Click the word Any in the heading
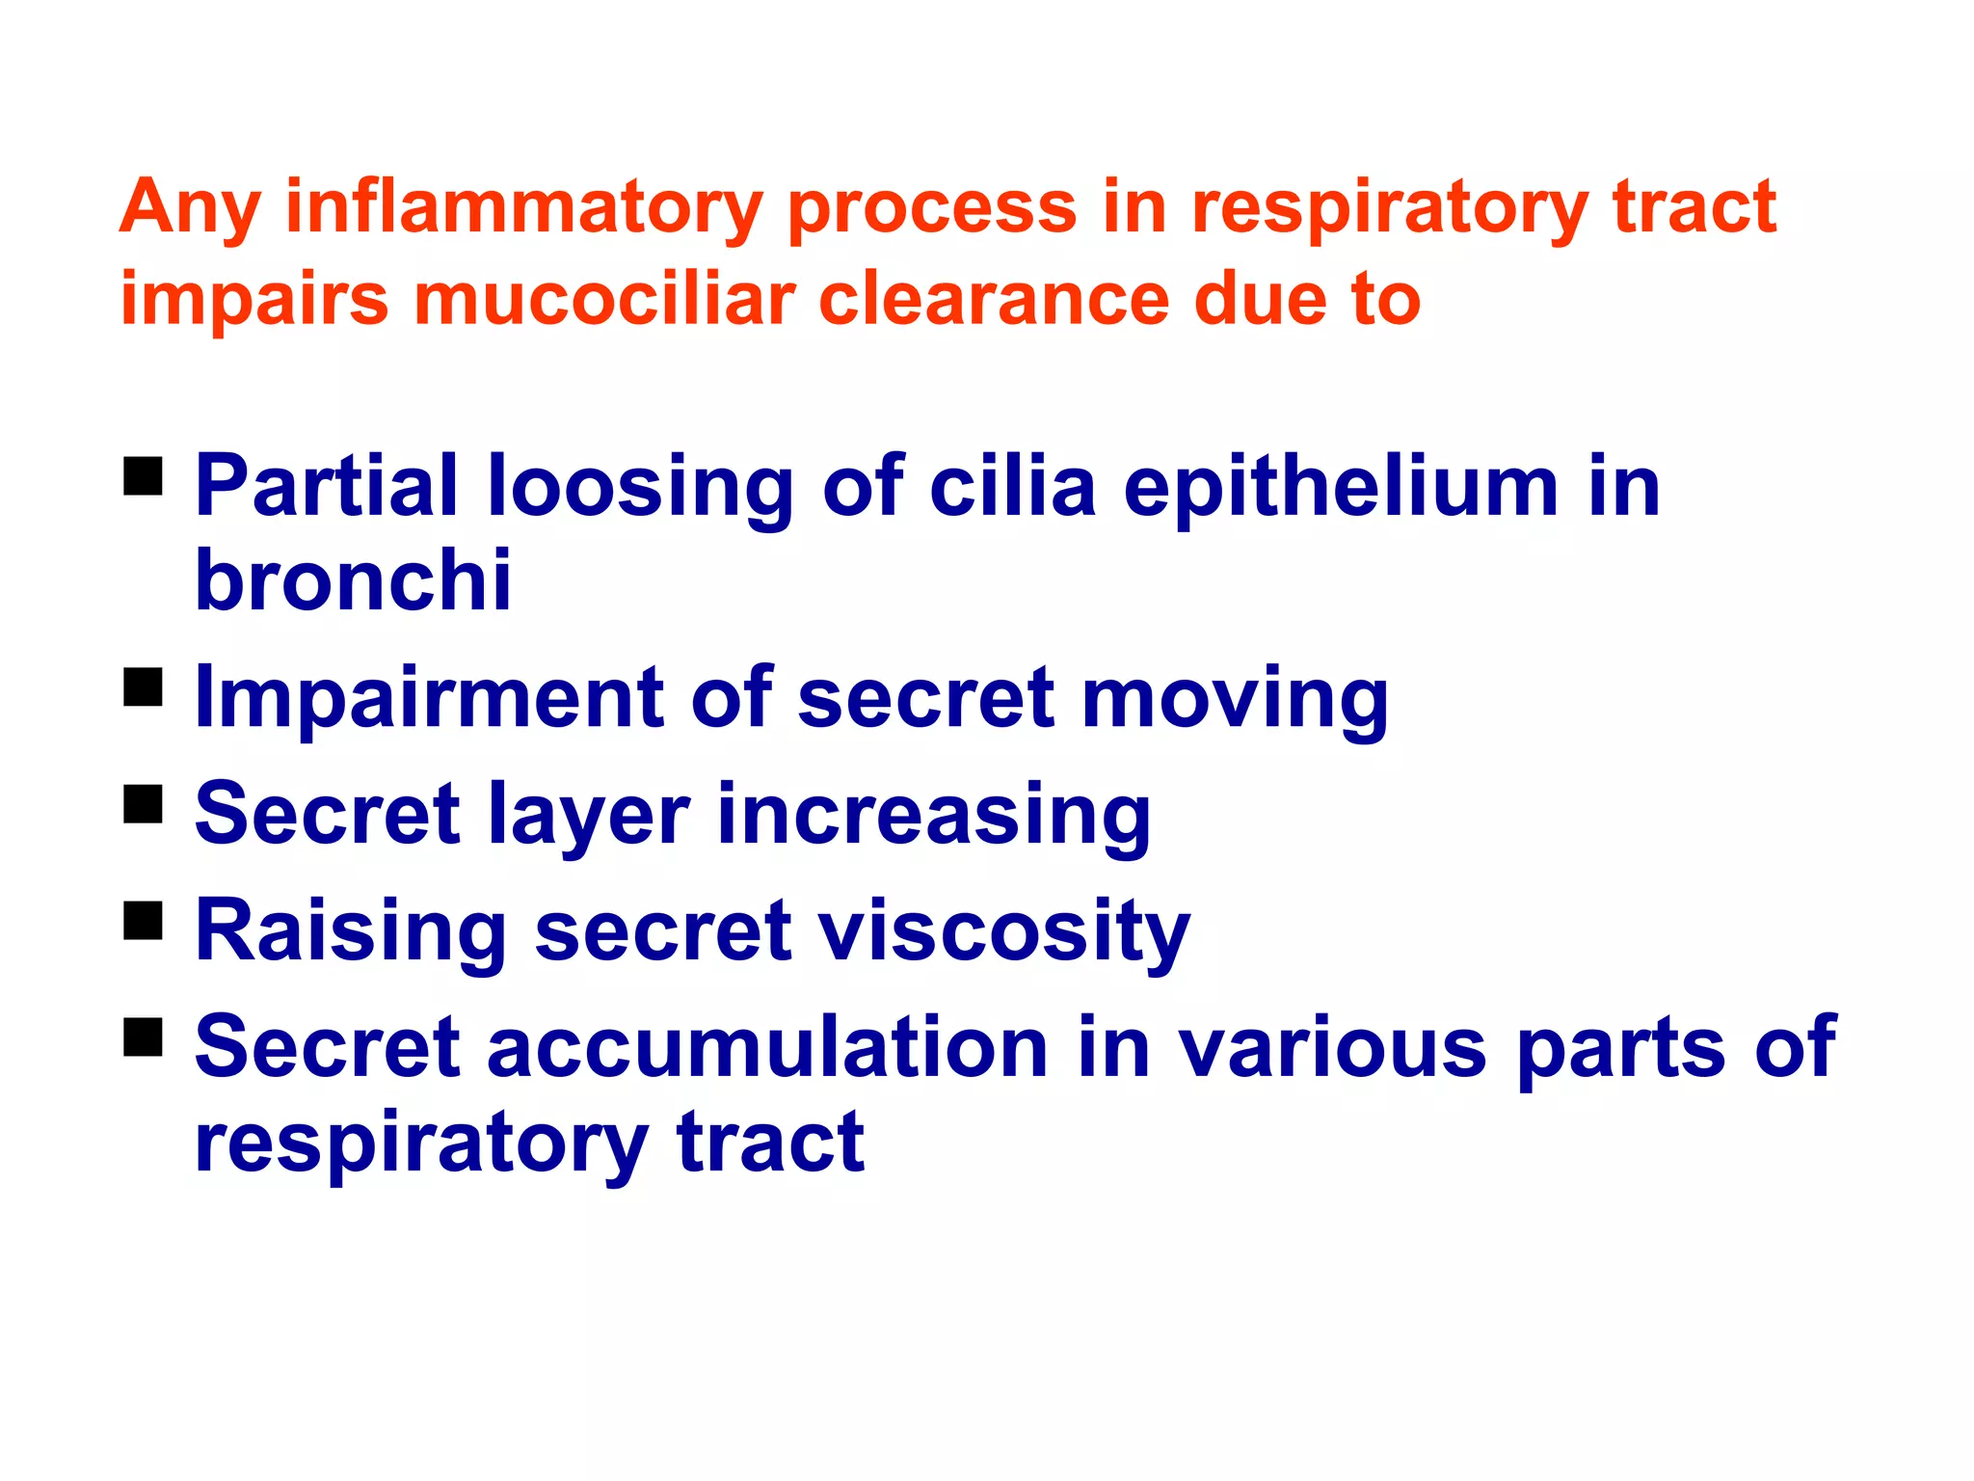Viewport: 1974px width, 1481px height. click(190, 208)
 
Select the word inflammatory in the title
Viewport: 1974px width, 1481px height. click(523, 208)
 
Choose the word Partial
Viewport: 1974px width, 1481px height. click(327, 486)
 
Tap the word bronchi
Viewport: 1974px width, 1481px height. click(353, 580)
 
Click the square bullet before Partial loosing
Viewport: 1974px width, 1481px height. click(143, 475)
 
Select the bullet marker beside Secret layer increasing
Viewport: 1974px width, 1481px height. click(143, 803)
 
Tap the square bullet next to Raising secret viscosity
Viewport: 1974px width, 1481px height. click(143, 920)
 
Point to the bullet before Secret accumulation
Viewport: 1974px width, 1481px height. click(143, 1037)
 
